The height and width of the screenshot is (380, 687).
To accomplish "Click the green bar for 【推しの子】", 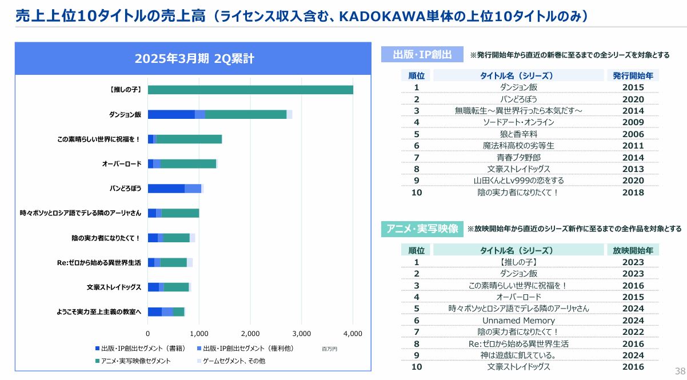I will [250, 90].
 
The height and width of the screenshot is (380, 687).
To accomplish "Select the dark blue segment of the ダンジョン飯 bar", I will [171, 114].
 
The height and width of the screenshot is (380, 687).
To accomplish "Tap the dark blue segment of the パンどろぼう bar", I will [166, 189].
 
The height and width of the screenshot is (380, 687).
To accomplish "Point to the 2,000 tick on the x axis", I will [250, 333].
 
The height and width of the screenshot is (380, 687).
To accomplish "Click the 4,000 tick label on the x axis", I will [353, 333].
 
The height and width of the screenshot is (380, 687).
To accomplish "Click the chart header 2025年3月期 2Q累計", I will [194, 58].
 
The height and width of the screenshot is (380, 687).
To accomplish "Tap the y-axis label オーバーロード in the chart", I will [121, 164].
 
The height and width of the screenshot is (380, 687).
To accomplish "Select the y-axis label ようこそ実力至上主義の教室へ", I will [98, 311].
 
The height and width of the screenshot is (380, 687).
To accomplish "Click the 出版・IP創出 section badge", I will [422, 55].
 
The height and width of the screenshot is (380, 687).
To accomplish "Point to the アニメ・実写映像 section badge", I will [422, 229].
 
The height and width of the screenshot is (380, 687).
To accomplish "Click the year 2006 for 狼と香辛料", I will [633, 134].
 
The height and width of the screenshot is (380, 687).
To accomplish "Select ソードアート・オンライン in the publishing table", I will [518, 122].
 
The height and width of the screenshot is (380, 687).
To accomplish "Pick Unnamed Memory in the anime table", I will [518, 321].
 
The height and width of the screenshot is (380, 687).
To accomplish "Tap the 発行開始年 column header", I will [633, 75].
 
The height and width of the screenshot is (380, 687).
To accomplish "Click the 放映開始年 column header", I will [633, 250].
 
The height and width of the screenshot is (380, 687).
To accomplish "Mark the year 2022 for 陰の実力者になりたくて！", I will [633, 332].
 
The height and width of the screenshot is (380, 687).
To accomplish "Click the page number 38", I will [680, 370].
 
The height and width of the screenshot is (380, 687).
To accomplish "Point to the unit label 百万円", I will [329, 349].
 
